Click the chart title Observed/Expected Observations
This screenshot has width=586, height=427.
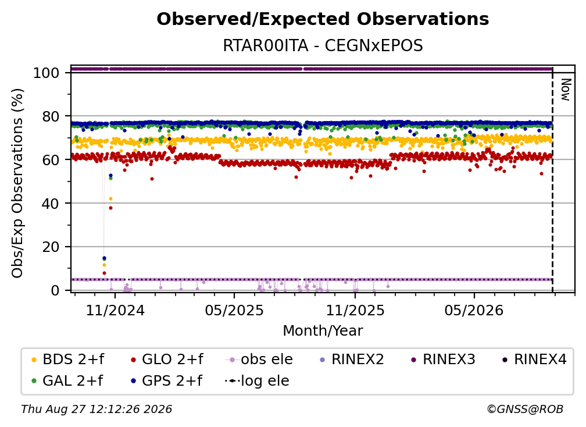(323, 19)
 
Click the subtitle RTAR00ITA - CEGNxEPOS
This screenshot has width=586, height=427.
(323, 46)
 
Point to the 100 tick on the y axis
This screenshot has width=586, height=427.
(46, 73)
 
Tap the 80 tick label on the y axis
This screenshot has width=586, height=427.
(51, 116)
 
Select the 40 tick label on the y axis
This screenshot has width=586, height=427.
(51, 204)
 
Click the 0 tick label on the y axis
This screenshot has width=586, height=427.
(55, 290)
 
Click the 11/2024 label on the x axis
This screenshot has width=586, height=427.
(115, 311)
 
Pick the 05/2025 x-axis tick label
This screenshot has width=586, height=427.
(234, 311)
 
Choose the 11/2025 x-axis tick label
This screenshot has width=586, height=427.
(355, 311)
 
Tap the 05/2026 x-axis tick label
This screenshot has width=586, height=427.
(474, 311)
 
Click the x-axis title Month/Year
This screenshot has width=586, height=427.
(323, 331)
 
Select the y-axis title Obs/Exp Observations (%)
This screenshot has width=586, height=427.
(17, 183)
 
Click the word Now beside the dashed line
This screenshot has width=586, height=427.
(566, 90)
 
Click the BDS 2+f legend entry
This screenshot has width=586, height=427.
(67, 360)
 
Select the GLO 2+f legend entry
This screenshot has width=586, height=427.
(167, 360)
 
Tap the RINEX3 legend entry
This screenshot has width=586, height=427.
(443, 360)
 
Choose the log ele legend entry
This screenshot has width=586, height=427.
(257, 381)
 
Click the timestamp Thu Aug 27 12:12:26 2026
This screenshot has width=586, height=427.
(97, 410)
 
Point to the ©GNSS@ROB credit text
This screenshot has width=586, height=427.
(525, 410)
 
